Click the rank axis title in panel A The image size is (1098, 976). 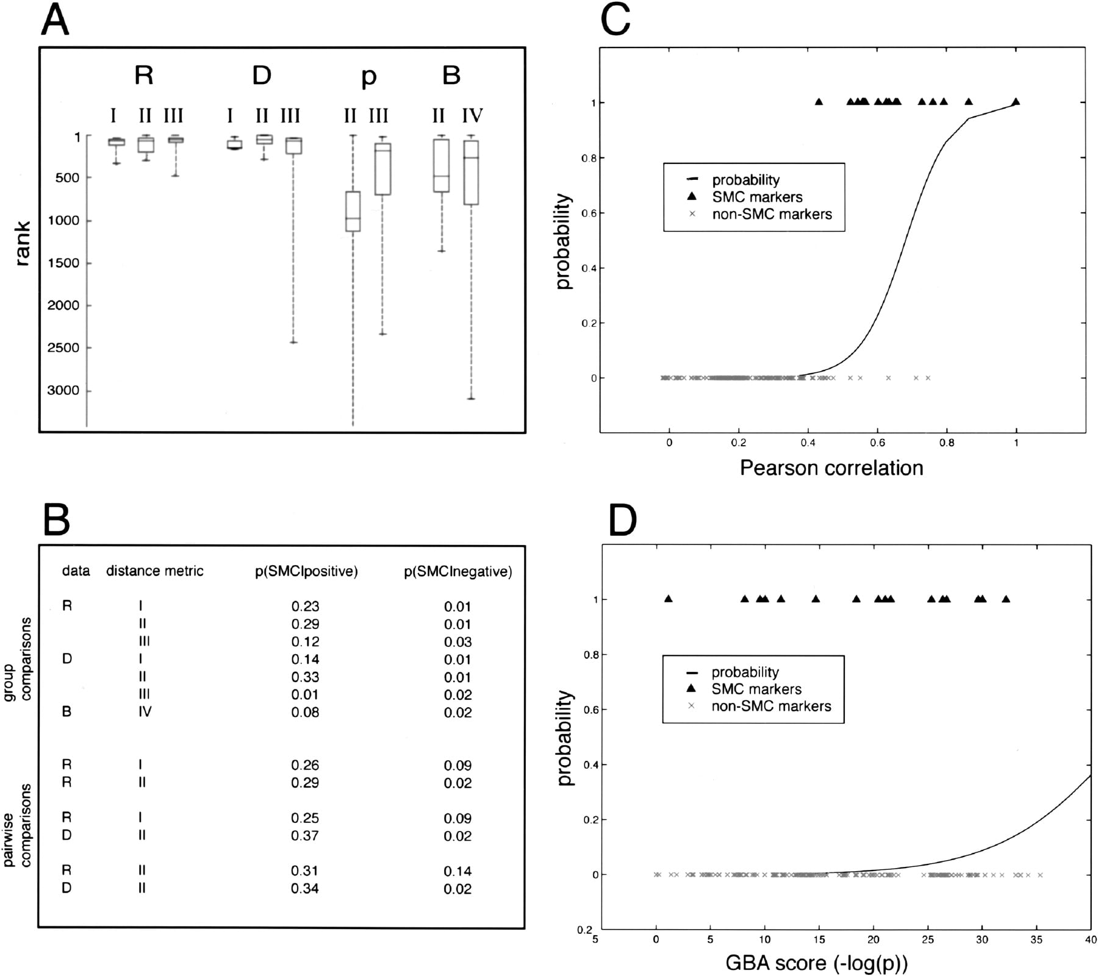click(x=23, y=244)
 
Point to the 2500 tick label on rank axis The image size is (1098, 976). click(x=63, y=347)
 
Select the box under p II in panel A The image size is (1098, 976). click(x=353, y=212)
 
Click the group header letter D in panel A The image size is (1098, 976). click(x=262, y=76)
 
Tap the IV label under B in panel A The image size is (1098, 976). click(x=472, y=115)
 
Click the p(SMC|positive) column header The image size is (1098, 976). click(x=306, y=571)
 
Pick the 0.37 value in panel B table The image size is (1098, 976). click(x=305, y=836)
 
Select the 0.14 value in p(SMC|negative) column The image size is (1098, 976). click(x=457, y=871)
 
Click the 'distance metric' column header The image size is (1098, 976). click(x=155, y=571)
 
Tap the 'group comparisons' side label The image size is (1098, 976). click(x=18, y=667)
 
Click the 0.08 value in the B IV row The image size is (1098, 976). click(x=305, y=712)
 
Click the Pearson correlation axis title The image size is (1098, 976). click(x=831, y=468)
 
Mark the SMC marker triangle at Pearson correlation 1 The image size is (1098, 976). click(x=1016, y=102)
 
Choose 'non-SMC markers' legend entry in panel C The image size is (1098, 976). click(x=772, y=214)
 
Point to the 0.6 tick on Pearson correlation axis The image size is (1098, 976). click(x=877, y=443)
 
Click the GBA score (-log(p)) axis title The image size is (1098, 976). click(x=816, y=963)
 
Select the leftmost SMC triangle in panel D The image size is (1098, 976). click(x=668, y=599)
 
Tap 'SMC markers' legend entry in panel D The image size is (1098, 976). click(x=756, y=689)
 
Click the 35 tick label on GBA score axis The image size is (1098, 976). click(x=1036, y=939)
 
